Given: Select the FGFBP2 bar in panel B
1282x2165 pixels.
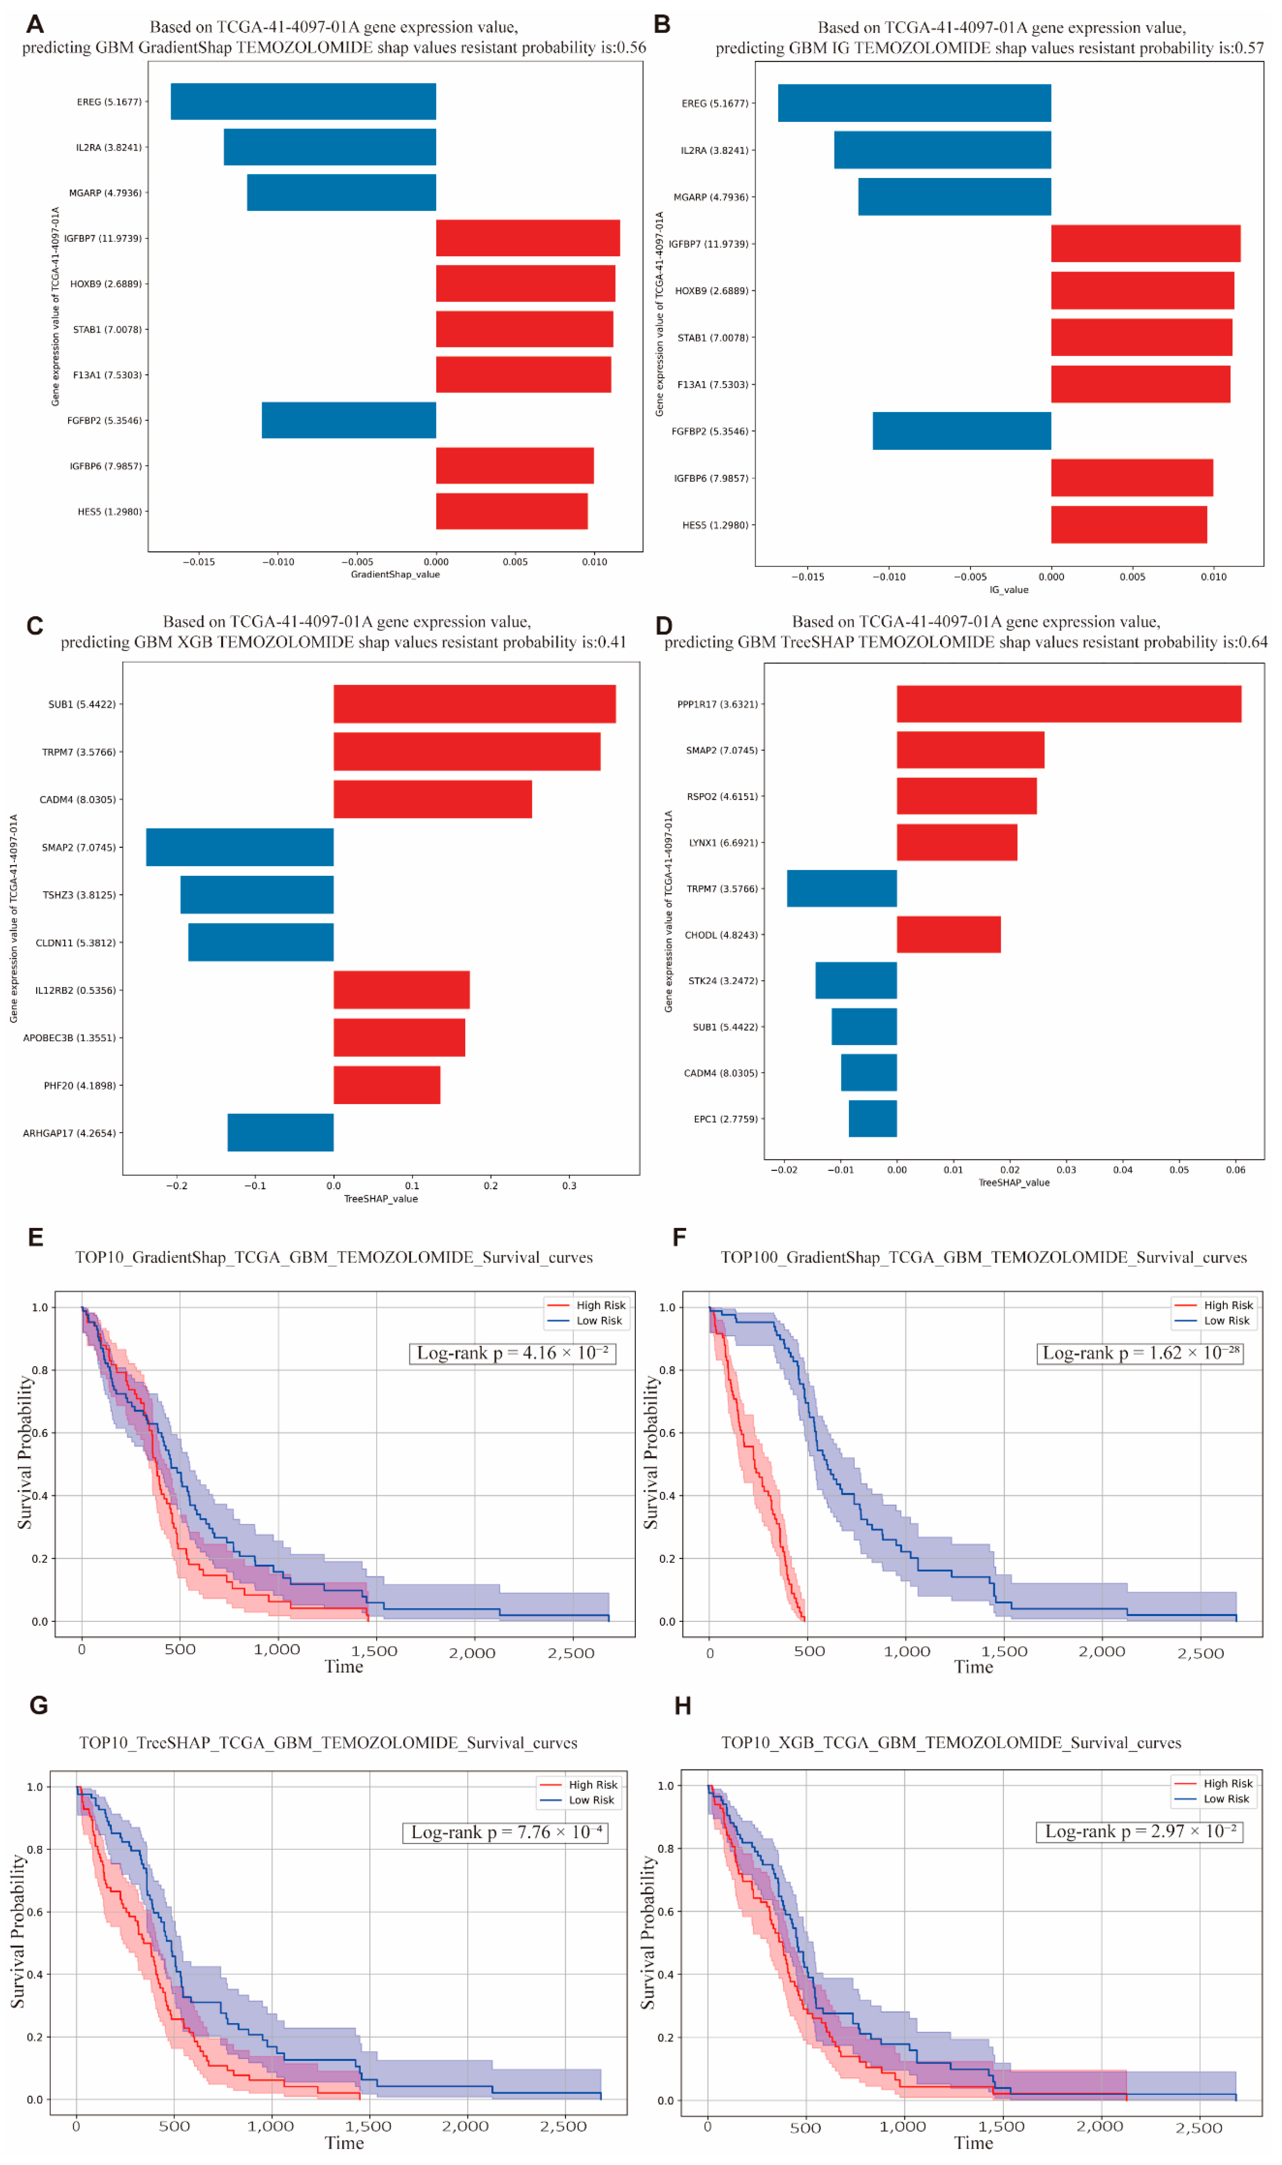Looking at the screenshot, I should click(961, 431).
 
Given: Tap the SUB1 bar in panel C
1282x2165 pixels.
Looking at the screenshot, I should click(474, 704).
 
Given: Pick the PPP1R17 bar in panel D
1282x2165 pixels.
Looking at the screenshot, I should click(1069, 704).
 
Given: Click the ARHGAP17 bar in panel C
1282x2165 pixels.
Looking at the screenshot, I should click(281, 1132).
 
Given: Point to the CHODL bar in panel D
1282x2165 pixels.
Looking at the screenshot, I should click(949, 934).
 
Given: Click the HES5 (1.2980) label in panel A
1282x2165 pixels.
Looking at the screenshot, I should click(110, 511).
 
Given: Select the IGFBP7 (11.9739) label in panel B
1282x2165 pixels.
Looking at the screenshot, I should click(709, 244).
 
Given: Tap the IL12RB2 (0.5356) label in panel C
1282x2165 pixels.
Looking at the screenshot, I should click(75, 990).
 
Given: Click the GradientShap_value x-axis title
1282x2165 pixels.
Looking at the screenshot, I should click(395, 574).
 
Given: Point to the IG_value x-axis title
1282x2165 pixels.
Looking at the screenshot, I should click(1008, 590).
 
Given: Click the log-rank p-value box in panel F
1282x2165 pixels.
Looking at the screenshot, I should click(1139, 1352).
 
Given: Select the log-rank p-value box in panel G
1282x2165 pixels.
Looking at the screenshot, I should click(505, 1832).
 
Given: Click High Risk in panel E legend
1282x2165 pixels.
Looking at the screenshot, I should click(600, 1305).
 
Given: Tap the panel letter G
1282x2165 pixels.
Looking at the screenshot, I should click(38, 1705).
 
